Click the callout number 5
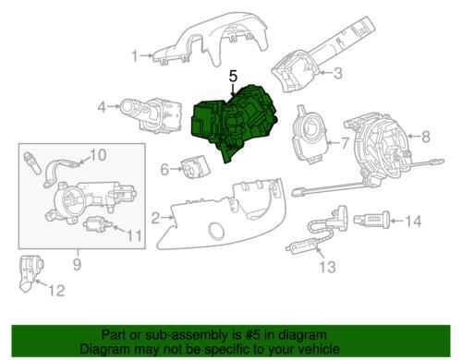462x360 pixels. tap(233, 76)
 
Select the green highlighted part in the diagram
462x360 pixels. tap(233, 122)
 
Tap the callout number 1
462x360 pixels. tap(135, 56)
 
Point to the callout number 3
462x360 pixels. tap(338, 74)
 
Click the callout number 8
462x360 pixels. tap(426, 137)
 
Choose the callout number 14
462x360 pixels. tap(413, 221)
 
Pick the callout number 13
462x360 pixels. tap(327, 267)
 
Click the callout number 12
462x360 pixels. tap(56, 291)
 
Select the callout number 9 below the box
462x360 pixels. tap(77, 264)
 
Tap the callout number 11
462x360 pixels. tap(134, 236)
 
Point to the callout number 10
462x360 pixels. tap(98, 155)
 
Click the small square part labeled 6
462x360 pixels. tap(196, 167)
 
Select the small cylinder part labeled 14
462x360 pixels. tap(371, 220)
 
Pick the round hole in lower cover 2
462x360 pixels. tap(217, 231)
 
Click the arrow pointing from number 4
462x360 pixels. tap(114, 106)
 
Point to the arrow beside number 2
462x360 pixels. tap(167, 218)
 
